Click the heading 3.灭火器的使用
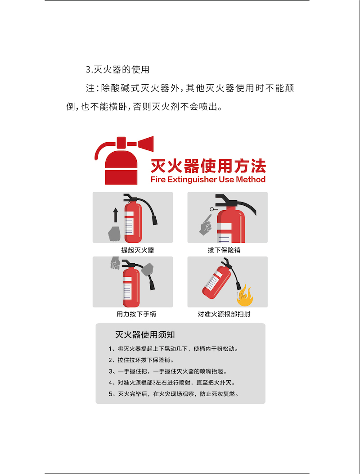pyautogui.click(x=117, y=69)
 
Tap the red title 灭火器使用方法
pyautogui.click(x=208, y=166)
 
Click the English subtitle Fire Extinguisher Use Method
pyautogui.click(x=208, y=180)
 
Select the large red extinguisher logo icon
pyautogui.click(x=124, y=160)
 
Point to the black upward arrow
pyautogui.click(x=115, y=215)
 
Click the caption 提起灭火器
pyautogui.click(x=138, y=250)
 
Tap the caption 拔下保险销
pyautogui.click(x=224, y=250)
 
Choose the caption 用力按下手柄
pyautogui.click(x=136, y=314)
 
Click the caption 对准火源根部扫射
pyautogui.click(x=224, y=314)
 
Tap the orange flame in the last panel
pyautogui.click(x=245, y=296)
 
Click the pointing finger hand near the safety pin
pyautogui.click(x=206, y=225)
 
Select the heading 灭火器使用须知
pyautogui.click(x=145, y=334)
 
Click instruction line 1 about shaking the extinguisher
pyautogui.click(x=174, y=348)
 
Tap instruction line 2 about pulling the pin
pyautogui.click(x=141, y=360)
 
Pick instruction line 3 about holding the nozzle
pyautogui.click(x=168, y=371)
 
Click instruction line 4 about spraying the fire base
pyautogui.click(x=172, y=383)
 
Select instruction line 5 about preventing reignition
pyautogui.click(x=174, y=394)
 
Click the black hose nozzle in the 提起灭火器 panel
pyautogui.click(x=154, y=220)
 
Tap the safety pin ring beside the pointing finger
pyautogui.click(x=212, y=209)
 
